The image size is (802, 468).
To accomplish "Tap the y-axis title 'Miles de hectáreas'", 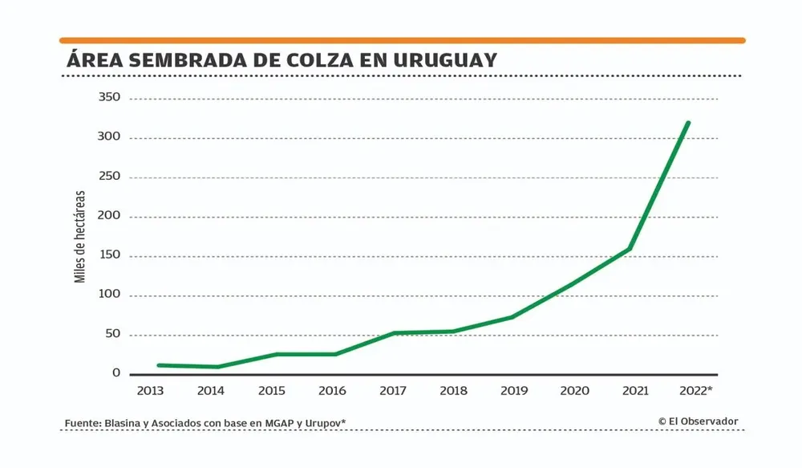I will click(79, 237).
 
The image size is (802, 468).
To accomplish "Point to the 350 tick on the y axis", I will click(108, 98).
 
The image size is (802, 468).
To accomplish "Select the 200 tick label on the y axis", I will click(108, 216).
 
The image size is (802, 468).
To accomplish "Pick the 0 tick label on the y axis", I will click(116, 373).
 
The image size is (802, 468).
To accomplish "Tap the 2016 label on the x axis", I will click(332, 391).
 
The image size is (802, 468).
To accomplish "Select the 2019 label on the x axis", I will click(513, 391).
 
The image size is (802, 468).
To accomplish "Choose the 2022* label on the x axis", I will click(695, 391).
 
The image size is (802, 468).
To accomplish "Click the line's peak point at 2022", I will click(688, 123).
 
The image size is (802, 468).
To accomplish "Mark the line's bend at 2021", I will click(630, 248).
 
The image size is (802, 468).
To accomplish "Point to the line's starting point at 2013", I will click(159, 365).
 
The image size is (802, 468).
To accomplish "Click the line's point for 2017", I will click(393, 333).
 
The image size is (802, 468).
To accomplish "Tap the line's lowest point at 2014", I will click(218, 367).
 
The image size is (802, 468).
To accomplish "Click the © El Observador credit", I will click(698, 421).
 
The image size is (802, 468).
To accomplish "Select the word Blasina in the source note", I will click(124, 423).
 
